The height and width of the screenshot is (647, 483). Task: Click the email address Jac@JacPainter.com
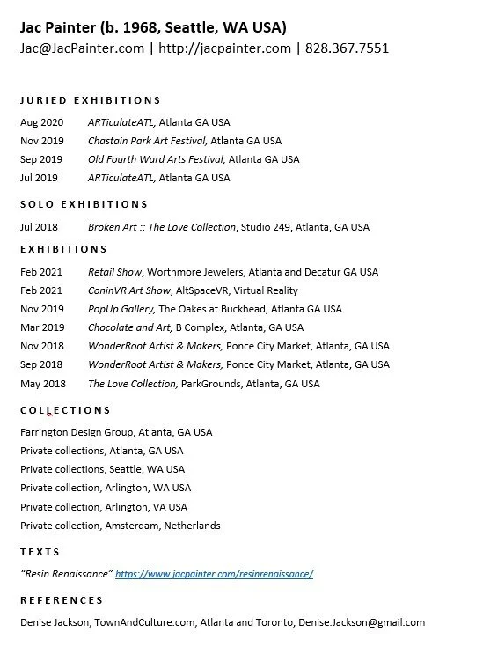(x=82, y=48)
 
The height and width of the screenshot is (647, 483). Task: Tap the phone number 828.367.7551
(x=347, y=48)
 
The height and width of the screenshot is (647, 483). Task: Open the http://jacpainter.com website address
(x=224, y=48)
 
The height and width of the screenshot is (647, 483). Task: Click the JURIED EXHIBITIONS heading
(x=90, y=100)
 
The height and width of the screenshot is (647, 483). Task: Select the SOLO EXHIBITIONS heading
(x=84, y=204)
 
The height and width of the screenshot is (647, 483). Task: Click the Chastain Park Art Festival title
(x=147, y=141)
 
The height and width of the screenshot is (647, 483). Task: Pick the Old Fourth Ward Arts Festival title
(x=157, y=159)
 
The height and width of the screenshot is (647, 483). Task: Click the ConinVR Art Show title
(x=129, y=290)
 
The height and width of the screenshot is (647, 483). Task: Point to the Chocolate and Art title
(x=128, y=327)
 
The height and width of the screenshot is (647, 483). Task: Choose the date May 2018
(x=41, y=384)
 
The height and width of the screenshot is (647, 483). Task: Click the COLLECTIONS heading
(x=65, y=410)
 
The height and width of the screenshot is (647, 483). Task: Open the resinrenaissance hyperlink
(x=214, y=574)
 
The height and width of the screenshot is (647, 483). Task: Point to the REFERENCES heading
(x=62, y=600)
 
